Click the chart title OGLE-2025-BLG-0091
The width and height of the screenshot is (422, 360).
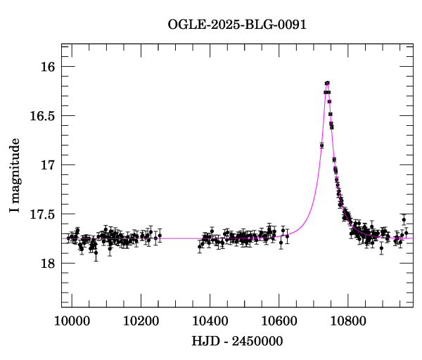pos(237,25)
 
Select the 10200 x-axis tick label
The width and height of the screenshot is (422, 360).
pos(141,321)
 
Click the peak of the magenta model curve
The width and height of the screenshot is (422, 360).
pos(327,82)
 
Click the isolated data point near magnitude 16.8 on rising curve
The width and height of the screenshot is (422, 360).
pos(321,146)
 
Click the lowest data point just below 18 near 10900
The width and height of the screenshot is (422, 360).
pos(381,248)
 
